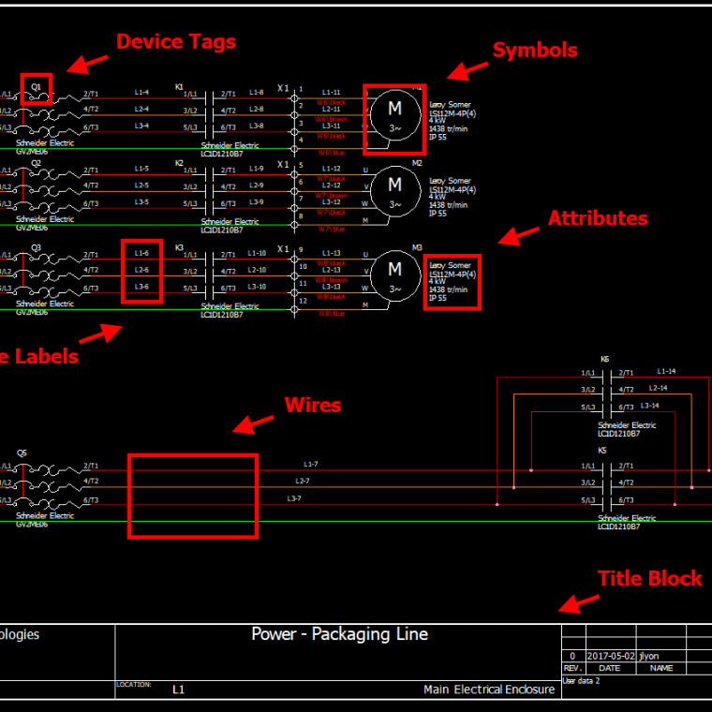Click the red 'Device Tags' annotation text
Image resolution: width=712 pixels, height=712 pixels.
[x=175, y=42]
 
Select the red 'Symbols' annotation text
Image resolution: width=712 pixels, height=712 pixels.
[x=535, y=51]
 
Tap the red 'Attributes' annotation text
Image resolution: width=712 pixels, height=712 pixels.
[x=598, y=218]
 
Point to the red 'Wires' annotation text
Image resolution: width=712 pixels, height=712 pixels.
[x=313, y=406]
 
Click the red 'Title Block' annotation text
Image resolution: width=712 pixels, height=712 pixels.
[x=649, y=579]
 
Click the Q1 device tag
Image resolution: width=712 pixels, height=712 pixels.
[x=37, y=86]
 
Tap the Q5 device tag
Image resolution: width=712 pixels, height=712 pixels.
[x=22, y=452]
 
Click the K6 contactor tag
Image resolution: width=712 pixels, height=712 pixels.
[x=604, y=360]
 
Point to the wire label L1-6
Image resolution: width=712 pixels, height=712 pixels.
[x=141, y=253]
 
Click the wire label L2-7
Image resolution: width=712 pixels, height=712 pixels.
[x=303, y=481]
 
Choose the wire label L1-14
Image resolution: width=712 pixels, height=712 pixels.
[x=665, y=371]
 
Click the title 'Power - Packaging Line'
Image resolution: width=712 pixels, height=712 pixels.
[x=339, y=634]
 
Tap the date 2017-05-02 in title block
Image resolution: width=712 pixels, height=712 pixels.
[x=610, y=657]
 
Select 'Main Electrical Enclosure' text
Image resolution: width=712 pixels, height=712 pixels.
[x=488, y=690]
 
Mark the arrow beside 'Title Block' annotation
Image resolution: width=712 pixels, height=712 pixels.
[x=580, y=603]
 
